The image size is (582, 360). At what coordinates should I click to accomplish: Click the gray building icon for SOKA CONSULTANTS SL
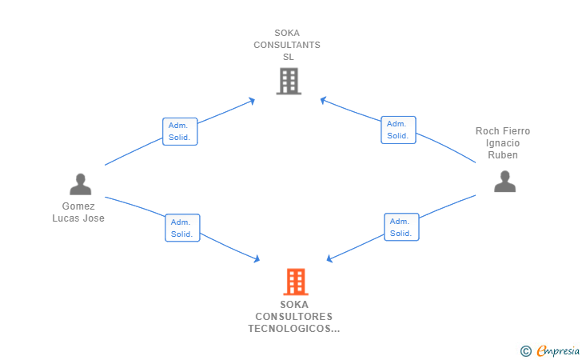[x=288, y=81]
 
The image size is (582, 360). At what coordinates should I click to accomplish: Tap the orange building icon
[x=295, y=282]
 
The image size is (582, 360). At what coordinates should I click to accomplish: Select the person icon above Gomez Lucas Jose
[x=80, y=185]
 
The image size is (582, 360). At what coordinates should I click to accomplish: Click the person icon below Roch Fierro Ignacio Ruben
[x=504, y=182]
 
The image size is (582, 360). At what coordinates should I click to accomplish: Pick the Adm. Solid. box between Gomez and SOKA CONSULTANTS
[x=181, y=131]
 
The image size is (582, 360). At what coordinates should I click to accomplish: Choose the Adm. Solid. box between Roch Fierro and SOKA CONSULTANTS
[x=398, y=130]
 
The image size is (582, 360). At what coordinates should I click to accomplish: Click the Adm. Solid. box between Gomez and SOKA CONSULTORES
[x=182, y=228]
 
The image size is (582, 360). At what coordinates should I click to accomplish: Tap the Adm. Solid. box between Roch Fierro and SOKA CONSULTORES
[x=401, y=227]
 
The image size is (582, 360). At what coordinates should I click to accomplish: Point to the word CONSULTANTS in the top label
[x=287, y=45]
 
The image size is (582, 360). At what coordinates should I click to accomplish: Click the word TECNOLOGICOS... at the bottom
[x=293, y=328]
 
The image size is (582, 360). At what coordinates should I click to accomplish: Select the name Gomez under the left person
[x=78, y=206]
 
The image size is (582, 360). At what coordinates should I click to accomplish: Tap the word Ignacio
[x=502, y=143]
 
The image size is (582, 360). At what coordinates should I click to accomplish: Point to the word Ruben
[x=502, y=155]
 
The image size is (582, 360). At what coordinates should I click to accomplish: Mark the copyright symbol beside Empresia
[x=526, y=350]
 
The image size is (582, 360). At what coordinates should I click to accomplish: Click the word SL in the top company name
[x=288, y=57]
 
